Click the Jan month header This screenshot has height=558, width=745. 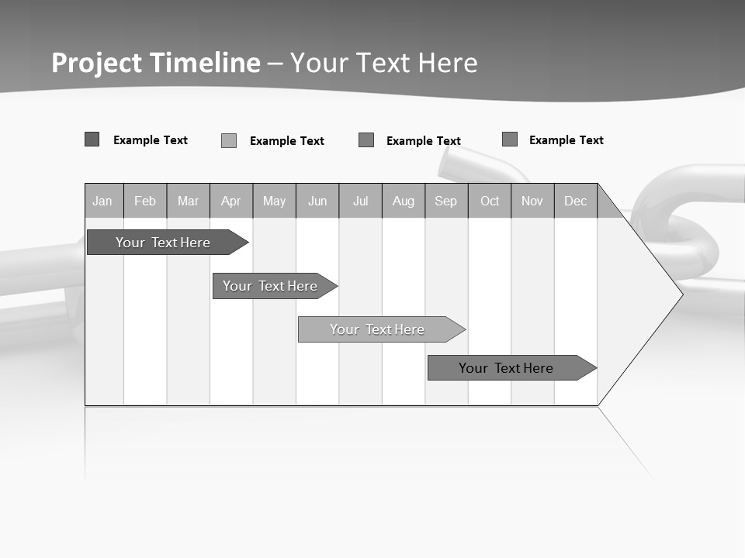click(102, 201)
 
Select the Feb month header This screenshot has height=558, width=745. click(145, 201)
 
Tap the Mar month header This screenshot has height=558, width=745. click(188, 201)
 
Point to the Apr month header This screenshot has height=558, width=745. click(231, 201)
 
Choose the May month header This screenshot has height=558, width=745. click(274, 201)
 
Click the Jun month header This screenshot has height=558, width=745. click(317, 201)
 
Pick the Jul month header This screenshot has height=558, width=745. click(360, 201)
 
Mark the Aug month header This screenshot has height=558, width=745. click(404, 201)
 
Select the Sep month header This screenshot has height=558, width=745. click(446, 201)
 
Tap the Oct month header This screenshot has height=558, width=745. click(490, 201)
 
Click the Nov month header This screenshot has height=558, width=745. click(532, 201)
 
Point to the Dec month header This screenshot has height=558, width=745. click(576, 201)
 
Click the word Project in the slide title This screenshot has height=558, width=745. click(97, 63)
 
